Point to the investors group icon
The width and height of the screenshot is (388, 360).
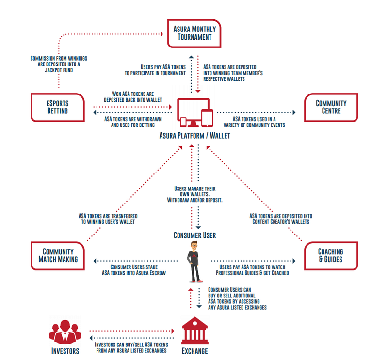65,332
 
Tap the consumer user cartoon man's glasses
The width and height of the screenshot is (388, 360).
194,246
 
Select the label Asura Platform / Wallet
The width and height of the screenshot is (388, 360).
195,136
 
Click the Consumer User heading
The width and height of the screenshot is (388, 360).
195,235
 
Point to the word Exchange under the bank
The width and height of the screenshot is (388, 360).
195,351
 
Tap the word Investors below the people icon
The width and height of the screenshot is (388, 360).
65,351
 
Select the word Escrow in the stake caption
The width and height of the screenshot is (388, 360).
158,273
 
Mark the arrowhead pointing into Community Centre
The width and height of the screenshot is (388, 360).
294,112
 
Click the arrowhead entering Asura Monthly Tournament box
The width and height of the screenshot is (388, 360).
162,34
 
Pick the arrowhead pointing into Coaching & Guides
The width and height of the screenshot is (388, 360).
294,261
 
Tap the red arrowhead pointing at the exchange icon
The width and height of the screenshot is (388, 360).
173,331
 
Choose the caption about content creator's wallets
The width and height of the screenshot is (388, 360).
281,219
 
